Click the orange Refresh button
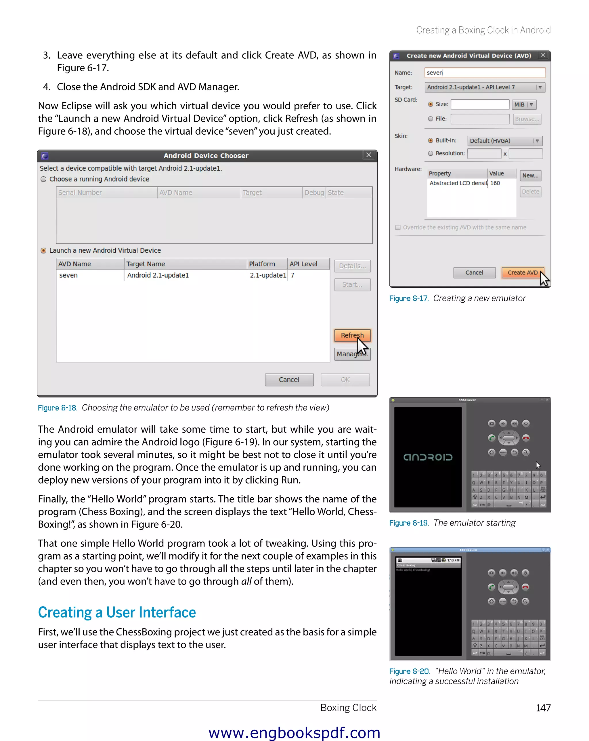(x=352, y=335)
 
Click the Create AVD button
(x=522, y=272)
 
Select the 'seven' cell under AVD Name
(x=68, y=275)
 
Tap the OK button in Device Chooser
(x=345, y=380)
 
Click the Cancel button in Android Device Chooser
(x=289, y=380)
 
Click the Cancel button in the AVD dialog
(x=474, y=272)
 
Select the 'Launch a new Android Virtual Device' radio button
(x=44, y=251)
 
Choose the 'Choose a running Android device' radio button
(x=44, y=179)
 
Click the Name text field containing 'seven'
(x=484, y=72)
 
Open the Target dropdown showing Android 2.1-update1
(x=484, y=87)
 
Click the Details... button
(x=352, y=266)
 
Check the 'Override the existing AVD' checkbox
(x=398, y=228)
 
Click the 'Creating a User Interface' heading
(x=117, y=612)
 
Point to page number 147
(x=543, y=708)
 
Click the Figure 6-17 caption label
(x=408, y=299)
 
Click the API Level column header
(x=303, y=264)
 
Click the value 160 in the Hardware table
(x=495, y=183)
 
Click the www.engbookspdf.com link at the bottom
(x=294, y=733)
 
